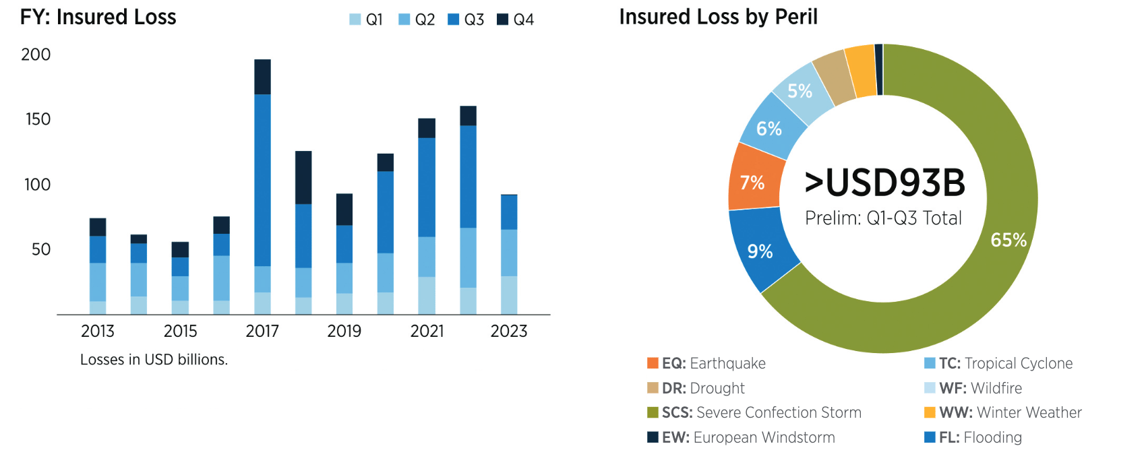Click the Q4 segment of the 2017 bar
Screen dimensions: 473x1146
click(x=262, y=77)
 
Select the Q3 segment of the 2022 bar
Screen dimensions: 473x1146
click(x=468, y=177)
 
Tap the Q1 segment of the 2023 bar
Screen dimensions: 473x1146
click(x=509, y=295)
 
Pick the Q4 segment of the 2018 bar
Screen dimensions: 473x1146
click(x=303, y=177)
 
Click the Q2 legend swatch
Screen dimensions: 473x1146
click(x=404, y=20)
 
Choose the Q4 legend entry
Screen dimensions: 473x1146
click(x=516, y=20)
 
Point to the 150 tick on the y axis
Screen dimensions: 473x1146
click(x=38, y=119)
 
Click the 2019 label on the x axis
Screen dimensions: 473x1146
click(x=344, y=331)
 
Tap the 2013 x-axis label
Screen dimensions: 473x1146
click(x=98, y=331)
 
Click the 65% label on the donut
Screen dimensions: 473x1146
click(x=1008, y=240)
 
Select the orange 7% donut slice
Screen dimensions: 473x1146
click(x=753, y=183)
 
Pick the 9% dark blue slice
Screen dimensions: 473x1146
click(x=760, y=251)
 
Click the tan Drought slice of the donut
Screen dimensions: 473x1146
click(x=833, y=75)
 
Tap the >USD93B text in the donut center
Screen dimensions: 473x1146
click(x=884, y=183)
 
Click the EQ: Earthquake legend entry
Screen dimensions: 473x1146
click(x=706, y=363)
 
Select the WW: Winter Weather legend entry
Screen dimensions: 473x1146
click(x=1002, y=412)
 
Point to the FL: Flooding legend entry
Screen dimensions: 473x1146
click(x=973, y=437)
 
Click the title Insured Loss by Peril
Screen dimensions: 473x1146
click(x=718, y=17)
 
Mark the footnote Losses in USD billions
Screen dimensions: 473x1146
click(x=154, y=360)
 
